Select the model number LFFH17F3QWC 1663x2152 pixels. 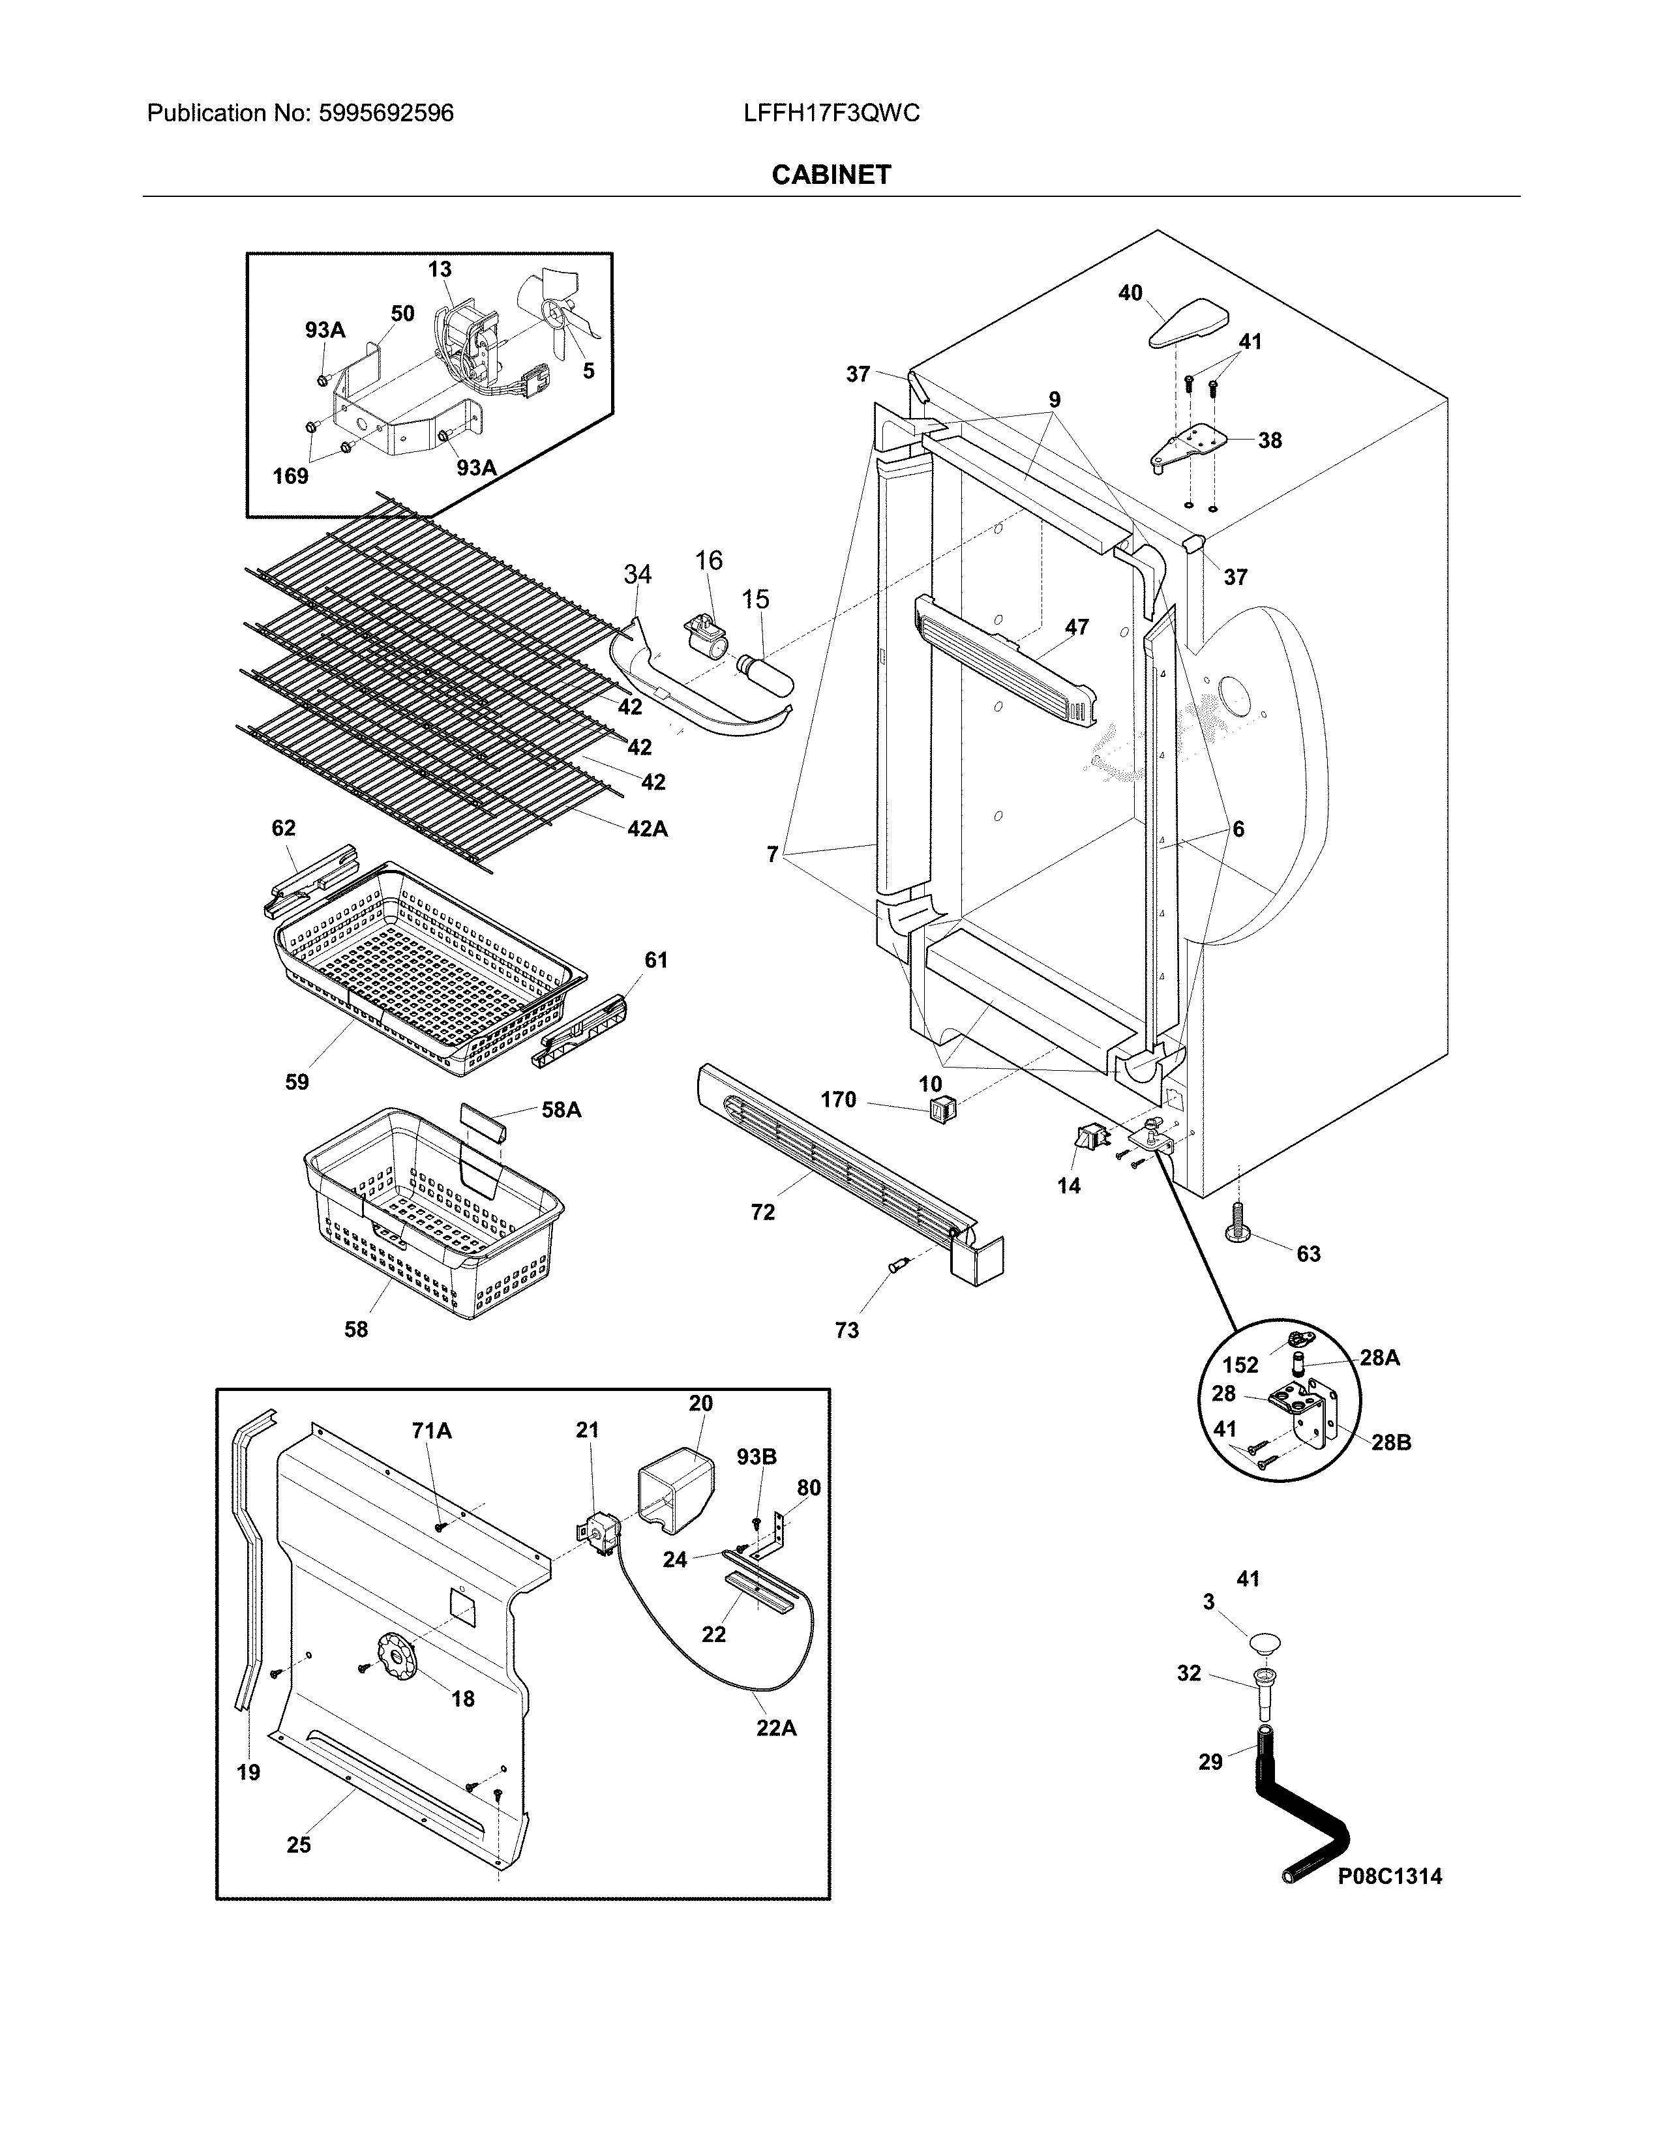click(x=831, y=113)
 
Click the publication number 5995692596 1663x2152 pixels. click(x=386, y=113)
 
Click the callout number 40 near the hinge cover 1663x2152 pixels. click(x=1130, y=293)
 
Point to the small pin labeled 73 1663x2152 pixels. click(x=897, y=1267)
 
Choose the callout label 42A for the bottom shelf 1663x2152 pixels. click(x=648, y=829)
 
